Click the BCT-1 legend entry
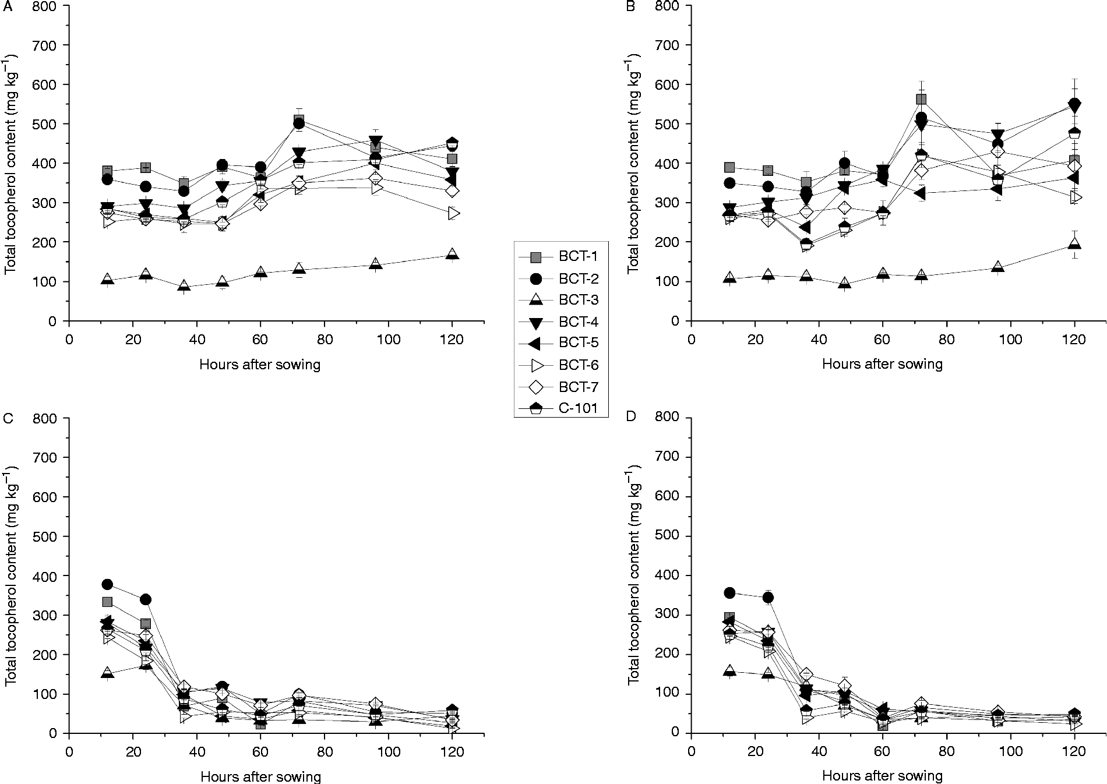pos(560,256)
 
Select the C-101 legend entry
pos(560,408)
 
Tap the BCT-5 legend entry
pos(560,343)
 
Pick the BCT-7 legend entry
pos(560,387)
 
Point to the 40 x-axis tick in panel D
pos(819,751)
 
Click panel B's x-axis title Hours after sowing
pos(882,365)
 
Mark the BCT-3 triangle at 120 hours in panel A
pos(452,255)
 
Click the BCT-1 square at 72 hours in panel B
pos(921,99)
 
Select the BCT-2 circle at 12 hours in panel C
pos(107,584)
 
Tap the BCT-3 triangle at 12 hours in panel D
pos(729,671)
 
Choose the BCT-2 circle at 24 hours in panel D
pos(768,598)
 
